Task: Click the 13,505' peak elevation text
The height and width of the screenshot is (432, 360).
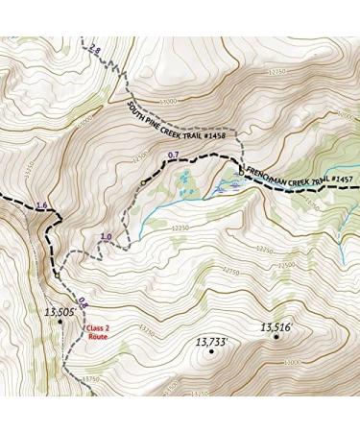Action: (x=60, y=311)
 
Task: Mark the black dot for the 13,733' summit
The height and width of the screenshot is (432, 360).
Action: (x=210, y=351)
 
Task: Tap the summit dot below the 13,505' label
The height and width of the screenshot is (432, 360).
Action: (x=60, y=322)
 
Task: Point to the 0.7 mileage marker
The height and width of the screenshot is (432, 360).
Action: (x=174, y=155)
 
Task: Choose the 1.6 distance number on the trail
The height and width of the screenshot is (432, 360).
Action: (x=40, y=205)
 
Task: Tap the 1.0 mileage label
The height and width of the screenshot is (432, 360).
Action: (x=106, y=236)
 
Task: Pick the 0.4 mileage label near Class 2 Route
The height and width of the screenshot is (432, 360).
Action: (x=83, y=300)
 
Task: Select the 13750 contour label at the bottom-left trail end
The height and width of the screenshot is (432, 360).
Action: (x=91, y=379)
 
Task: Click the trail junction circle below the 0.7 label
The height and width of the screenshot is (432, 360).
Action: (x=143, y=182)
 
